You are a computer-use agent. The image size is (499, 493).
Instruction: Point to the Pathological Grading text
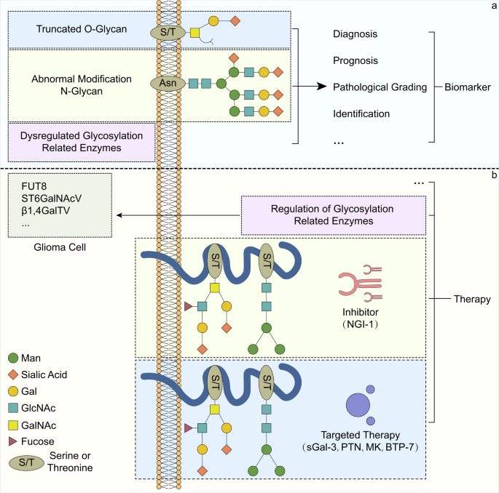tap(380, 87)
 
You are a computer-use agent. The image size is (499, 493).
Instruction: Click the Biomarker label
tap(467, 87)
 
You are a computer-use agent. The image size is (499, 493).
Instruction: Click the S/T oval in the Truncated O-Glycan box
tap(165, 32)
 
